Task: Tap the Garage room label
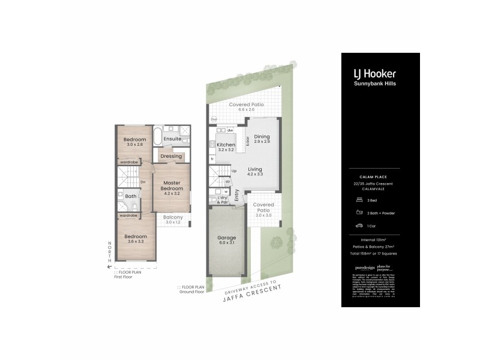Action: click(x=227, y=238)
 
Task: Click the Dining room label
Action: click(x=262, y=136)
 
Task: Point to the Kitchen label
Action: click(x=226, y=145)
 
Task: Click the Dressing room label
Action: click(x=171, y=156)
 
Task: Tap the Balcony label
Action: click(x=173, y=217)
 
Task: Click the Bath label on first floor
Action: click(x=130, y=196)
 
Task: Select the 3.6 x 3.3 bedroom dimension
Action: click(x=136, y=242)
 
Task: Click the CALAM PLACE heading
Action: click(x=380, y=176)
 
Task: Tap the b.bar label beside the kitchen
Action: click(x=247, y=141)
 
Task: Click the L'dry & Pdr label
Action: click(x=223, y=200)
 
